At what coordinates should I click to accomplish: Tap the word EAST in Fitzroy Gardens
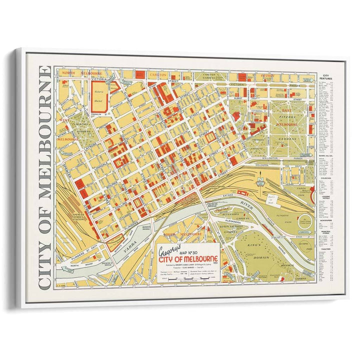[286, 110]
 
